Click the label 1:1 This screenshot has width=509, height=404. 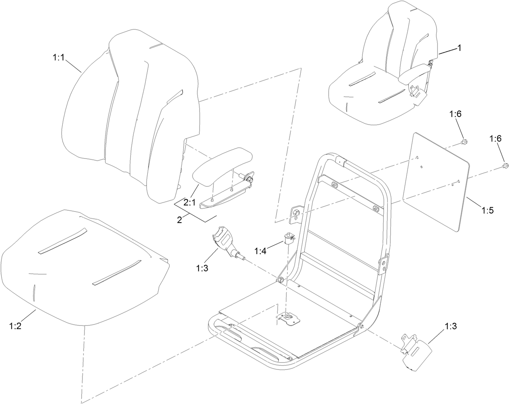point(59,58)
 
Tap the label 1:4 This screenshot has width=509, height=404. point(261,251)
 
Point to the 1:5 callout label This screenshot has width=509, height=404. point(487,210)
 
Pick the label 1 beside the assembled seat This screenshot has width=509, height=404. point(459,48)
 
